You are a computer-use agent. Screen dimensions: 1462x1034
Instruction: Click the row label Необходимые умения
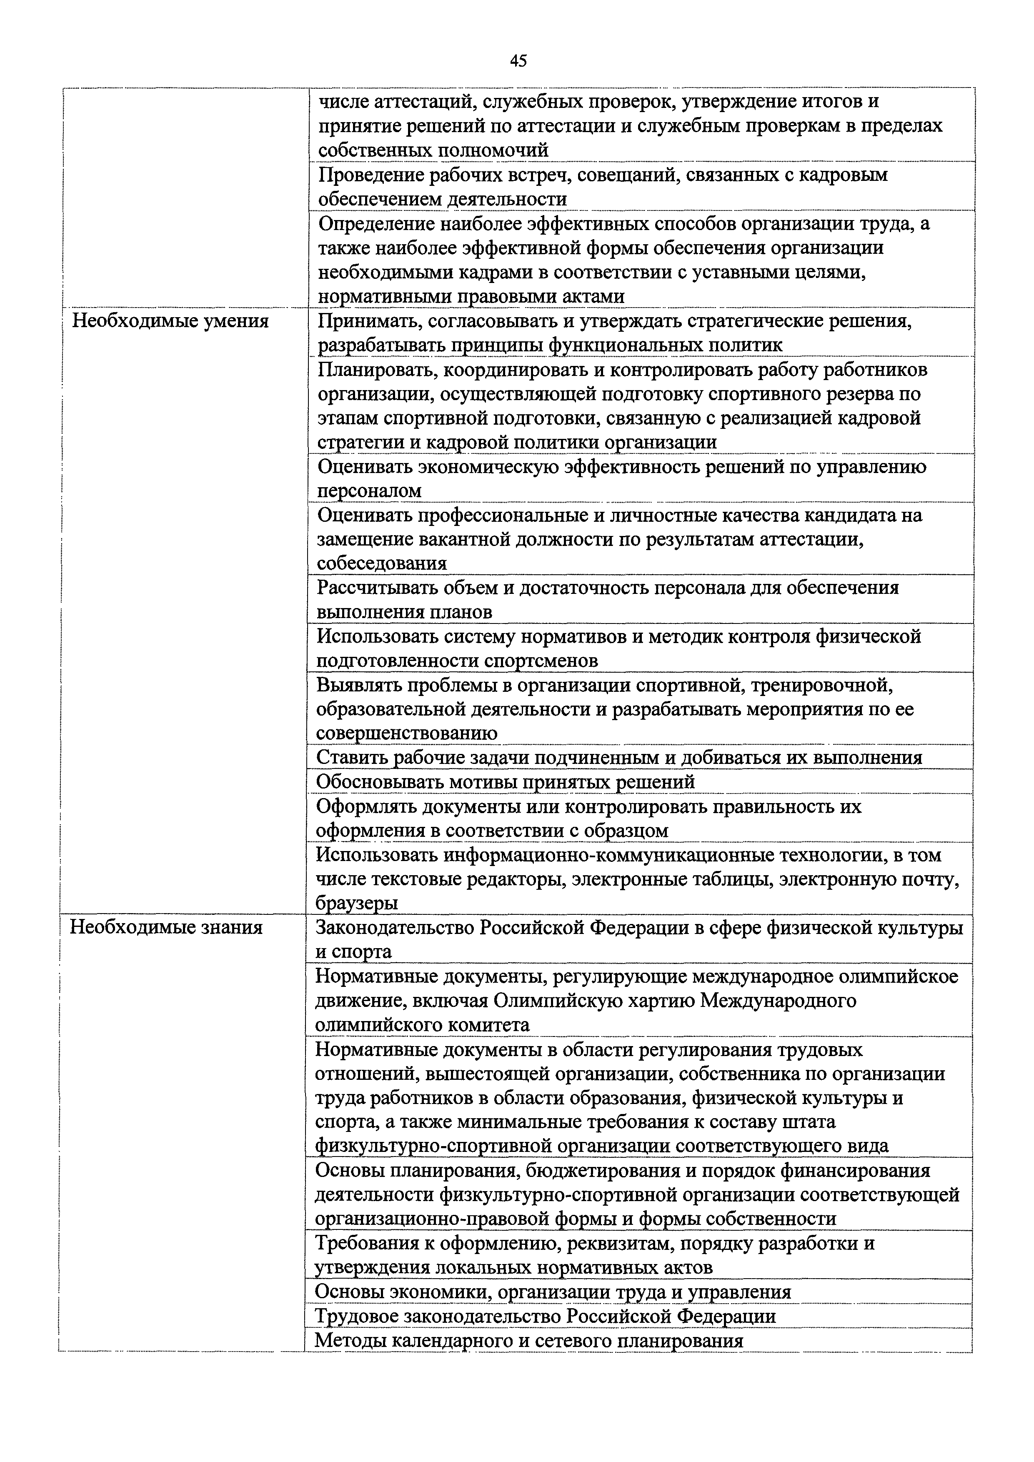(x=170, y=320)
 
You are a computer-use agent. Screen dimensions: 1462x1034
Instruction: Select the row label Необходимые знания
(x=166, y=927)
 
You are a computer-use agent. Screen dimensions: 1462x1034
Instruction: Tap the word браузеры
(x=357, y=903)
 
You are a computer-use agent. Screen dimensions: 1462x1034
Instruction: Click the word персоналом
(x=369, y=491)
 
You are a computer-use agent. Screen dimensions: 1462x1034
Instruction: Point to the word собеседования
(x=382, y=563)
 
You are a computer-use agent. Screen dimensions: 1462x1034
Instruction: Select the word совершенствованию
(x=406, y=733)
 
